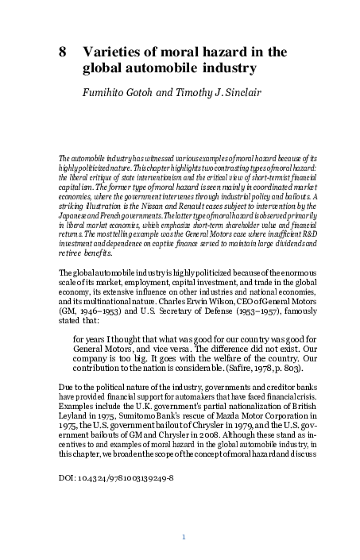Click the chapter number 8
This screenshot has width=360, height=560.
tap(63, 52)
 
